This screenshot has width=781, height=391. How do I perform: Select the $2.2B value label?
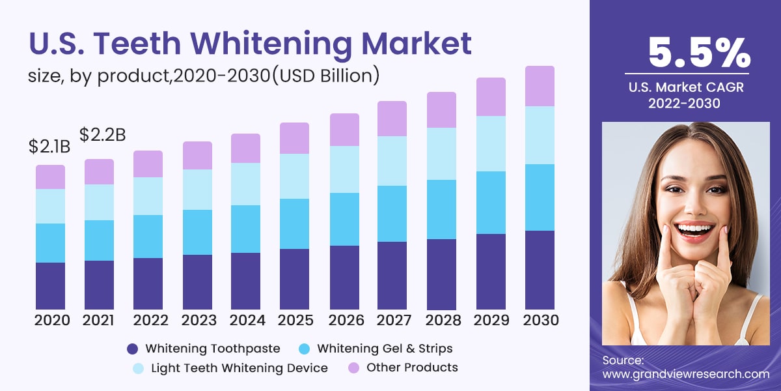(x=102, y=135)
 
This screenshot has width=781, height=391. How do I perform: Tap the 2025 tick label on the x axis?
(x=295, y=320)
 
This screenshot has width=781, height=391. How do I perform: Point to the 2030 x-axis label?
(x=540, y=320)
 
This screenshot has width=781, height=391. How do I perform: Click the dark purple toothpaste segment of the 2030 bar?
(x=540, y=270)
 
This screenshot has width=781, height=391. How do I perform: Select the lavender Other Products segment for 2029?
(x=491, y=97)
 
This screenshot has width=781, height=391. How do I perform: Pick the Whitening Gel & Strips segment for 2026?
(x=344, y=219)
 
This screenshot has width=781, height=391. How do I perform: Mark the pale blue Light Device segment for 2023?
(x=197, y=190)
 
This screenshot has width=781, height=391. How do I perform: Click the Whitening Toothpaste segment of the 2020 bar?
(x=50, y=285)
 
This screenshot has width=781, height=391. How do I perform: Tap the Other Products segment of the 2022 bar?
(x=148, y=164)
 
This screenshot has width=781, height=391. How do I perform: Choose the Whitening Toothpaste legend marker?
(x=133, y=349)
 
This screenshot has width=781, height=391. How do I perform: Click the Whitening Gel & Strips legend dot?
(x=305, y=349)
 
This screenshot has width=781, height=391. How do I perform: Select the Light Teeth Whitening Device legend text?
(x=239, y=368)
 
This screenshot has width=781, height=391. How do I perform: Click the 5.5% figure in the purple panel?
(x=698, y=53)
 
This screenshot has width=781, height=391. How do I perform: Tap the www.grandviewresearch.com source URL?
(x=685, y=374)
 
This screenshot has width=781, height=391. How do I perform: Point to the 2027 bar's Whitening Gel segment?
(x=392, y=214)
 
